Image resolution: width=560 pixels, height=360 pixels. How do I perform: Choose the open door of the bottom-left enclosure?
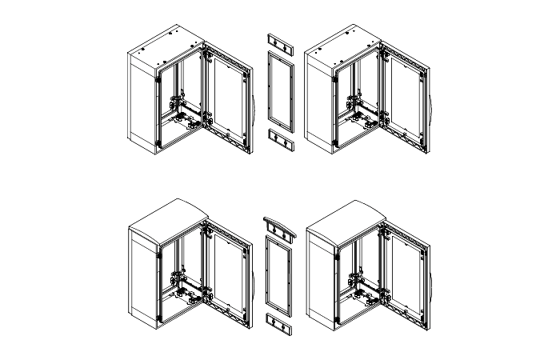coord(228,276)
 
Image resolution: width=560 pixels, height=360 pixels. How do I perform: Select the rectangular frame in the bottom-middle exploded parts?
coord(278,276)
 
